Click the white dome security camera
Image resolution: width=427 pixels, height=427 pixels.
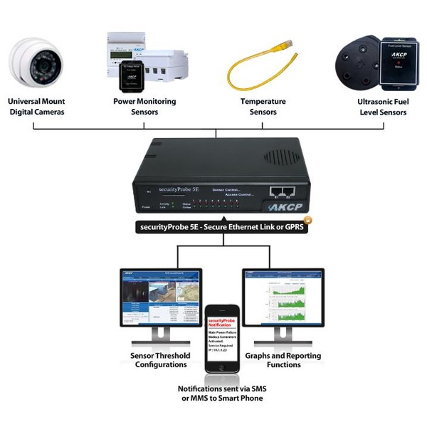point(36,64)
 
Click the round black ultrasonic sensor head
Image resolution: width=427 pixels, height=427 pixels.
point(356,64)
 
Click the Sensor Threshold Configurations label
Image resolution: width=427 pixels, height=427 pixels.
point(161,360)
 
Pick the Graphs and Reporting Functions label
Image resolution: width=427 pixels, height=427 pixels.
point(283,360)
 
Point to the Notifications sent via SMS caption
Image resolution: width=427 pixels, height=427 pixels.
point(220,394)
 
